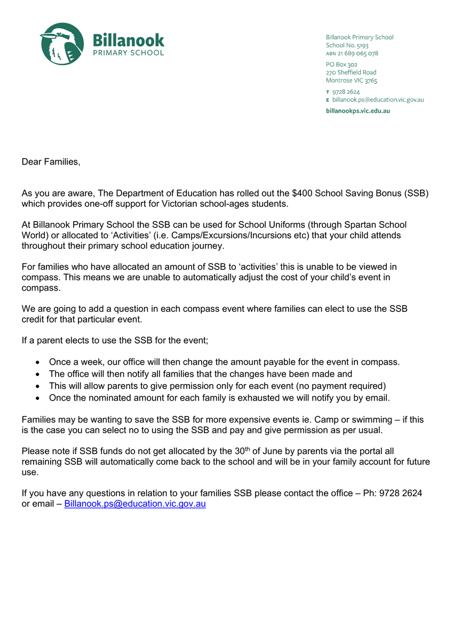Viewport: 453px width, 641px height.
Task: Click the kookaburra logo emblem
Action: coord(62,44)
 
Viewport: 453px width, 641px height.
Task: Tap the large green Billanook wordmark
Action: coord(129,40)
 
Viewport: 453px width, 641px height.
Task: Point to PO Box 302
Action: coord(341,64)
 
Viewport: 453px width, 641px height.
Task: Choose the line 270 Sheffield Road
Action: coord(351,72)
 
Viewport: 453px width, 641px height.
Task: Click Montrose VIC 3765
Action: coord(351,81)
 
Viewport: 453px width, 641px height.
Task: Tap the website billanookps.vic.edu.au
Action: coord(357,111)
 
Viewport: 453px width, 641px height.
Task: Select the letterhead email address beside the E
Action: coord(378,100)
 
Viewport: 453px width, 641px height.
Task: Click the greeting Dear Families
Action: coord(51,161)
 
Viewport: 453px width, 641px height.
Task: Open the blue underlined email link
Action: coord(135,504)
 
